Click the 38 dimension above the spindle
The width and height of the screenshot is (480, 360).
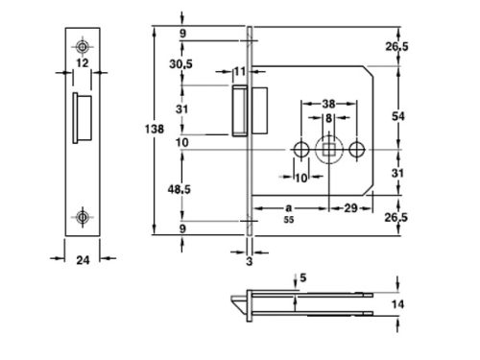click(x=328, y=105)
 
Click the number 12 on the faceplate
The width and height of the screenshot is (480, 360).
click(x=83, y=63)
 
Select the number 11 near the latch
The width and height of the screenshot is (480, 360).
click(x=239, y=71)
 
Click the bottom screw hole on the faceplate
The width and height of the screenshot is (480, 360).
click(x=84, y=216)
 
